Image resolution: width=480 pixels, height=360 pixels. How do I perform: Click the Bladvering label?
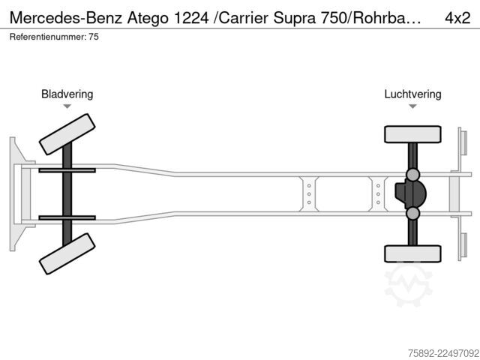[x=67, y=94]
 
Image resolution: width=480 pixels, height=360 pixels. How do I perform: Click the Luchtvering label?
[x=412, y=94]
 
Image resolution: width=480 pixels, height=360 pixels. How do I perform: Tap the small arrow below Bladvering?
[x=67, y=106]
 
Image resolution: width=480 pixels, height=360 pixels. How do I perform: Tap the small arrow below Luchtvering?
[x=412, y=106]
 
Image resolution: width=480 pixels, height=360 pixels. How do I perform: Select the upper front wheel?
[x=67, y=134]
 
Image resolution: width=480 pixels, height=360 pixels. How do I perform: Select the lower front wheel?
[x=67, y=253]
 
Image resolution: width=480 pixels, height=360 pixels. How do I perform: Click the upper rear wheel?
[x=412, y=134]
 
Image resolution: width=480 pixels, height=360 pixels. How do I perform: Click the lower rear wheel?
[x=412, y=253]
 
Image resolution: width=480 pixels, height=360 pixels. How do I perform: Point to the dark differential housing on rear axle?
[x=410, y=193]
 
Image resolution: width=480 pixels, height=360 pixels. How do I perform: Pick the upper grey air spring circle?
[x=412, y=175]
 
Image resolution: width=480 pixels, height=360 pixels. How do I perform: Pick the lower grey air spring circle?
[x=412, y=213]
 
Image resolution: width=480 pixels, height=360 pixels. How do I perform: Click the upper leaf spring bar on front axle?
[x=67, y=170]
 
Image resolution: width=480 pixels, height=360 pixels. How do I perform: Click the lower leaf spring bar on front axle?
[x=67, y=218]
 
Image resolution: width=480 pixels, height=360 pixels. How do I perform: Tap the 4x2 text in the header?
[x=457, y=18]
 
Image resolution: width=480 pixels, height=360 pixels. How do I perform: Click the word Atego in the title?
[x=148, y=18]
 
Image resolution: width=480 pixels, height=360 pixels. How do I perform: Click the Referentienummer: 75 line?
[x=54, y=37]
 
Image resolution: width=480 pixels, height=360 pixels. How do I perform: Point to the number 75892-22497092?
[x=443, y=353]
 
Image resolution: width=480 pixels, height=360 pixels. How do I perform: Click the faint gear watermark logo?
[x=408, y=284]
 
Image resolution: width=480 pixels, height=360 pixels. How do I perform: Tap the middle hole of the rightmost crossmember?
[x=378, y=194]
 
